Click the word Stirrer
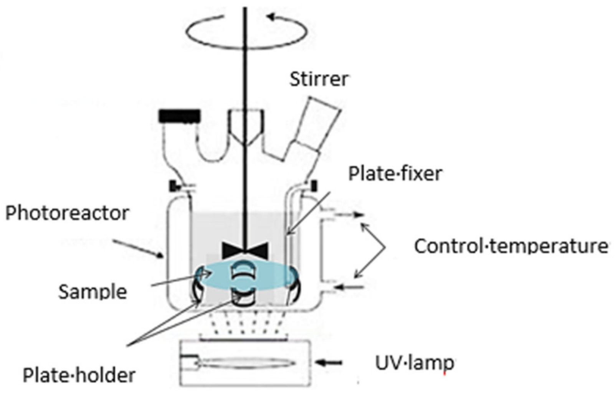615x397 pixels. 319,79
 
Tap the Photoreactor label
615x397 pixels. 67,213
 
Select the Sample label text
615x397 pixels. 93,292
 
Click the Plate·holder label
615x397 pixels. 79,375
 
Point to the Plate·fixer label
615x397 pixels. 395,174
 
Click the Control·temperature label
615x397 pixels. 511,246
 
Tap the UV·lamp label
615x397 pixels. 414,363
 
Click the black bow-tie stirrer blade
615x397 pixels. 245,250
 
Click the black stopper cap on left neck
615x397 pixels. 180,116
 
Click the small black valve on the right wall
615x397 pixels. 314,186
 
